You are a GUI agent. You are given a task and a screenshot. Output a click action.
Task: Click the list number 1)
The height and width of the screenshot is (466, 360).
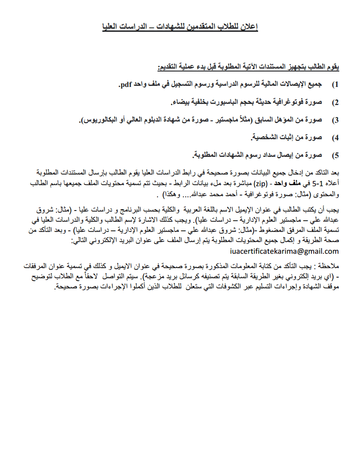tap(335, 84)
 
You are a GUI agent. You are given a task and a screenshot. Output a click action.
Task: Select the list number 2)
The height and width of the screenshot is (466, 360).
tap(335, 102)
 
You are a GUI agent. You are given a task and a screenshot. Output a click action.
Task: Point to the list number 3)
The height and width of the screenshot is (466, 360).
tap(335, 120)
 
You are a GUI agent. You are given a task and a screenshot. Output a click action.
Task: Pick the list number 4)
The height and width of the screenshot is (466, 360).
tap(335, 138)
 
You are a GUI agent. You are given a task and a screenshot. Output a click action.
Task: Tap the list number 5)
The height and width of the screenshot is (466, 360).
tap(335, 155)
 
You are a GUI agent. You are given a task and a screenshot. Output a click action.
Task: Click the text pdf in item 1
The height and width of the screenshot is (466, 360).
tap(126, 84)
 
